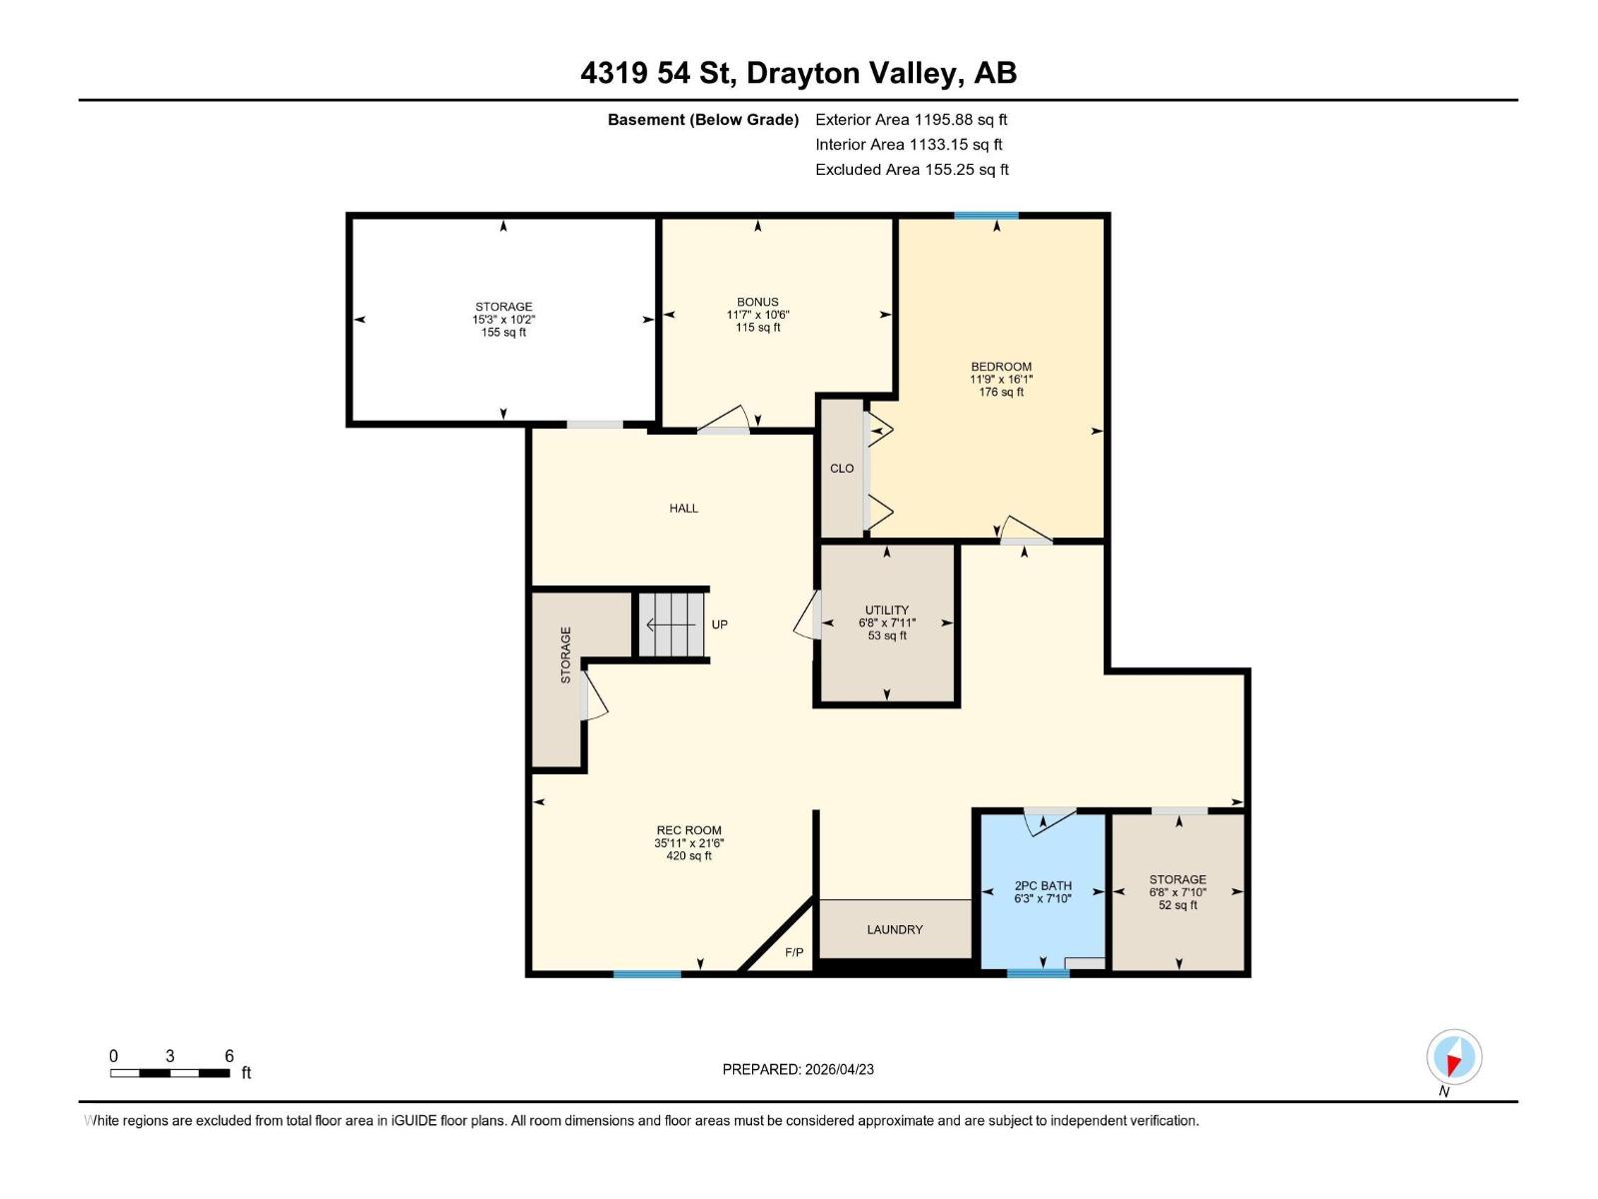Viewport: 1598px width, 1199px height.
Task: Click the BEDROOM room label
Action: pos(1001,367)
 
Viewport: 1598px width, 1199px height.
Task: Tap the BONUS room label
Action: pos(757,302)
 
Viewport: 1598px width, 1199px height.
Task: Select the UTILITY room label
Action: pos(887,609)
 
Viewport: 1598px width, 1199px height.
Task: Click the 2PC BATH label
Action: pos(1043,885)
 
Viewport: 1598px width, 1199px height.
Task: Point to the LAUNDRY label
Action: pos(894,929)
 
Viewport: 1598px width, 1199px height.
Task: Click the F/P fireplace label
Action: pos(794,952)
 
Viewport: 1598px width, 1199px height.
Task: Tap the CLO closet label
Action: pos(842,469)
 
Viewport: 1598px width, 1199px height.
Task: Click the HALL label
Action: pos(684,509)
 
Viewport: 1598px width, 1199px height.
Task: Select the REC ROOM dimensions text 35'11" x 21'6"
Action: pos(689,843)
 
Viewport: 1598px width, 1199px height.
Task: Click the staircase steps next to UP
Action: pos(670,625)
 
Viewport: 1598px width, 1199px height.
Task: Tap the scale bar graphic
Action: pos(170,1073)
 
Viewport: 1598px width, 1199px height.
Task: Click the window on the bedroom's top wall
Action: pos(986,216)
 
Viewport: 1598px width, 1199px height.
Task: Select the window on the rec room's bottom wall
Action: pos(647,973)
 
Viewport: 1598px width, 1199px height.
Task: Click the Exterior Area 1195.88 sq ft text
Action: pos(911,120)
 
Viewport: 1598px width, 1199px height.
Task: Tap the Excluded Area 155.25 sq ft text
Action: pos(911,170)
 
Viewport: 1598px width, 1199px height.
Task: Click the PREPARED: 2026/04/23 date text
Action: pos(798,1069)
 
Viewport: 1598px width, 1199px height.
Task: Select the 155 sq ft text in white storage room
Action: pos(503,333)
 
